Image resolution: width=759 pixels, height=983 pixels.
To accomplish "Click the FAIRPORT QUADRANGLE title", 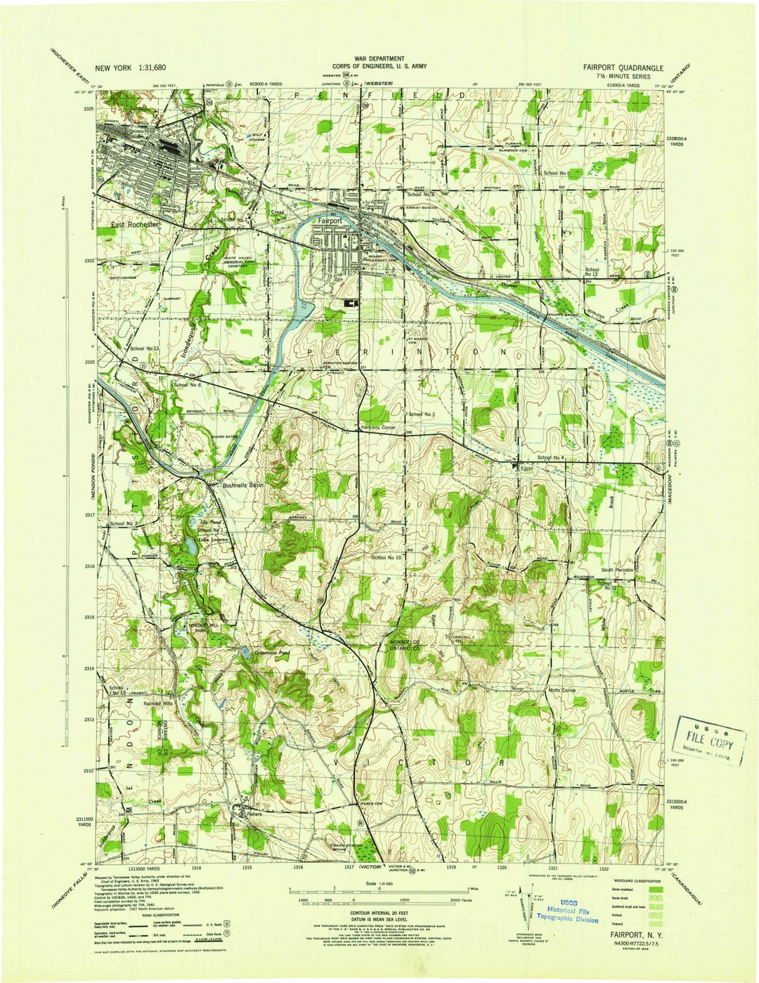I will (x=623, y=67).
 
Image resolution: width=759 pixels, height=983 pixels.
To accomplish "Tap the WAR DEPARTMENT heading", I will (x=379, y=58).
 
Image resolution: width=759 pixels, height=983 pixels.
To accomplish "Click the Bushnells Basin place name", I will (x=242, y=486).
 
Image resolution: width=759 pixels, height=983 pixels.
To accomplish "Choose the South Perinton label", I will (x=617, y=570).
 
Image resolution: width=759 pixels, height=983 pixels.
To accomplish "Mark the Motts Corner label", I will (x=562, y=691).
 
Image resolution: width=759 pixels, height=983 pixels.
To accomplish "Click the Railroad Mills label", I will (x=158, y=703).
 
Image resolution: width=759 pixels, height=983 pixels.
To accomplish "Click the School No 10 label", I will (x=387, y=557).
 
